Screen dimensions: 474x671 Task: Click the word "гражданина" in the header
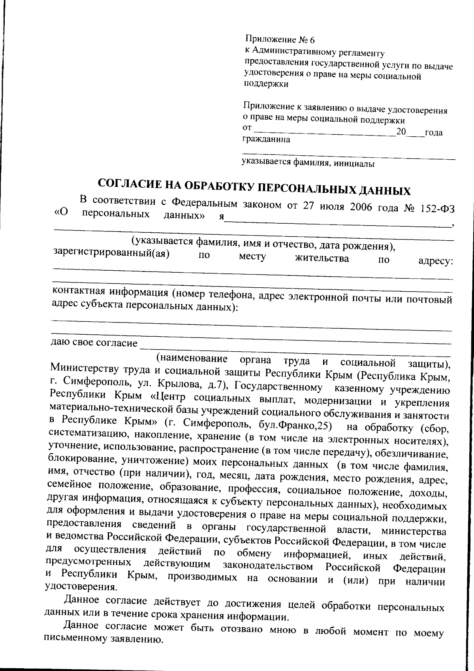tap(266, 139)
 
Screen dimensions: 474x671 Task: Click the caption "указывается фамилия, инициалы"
tap(308, 162)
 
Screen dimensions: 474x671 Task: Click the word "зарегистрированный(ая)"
tap(111, 252)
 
